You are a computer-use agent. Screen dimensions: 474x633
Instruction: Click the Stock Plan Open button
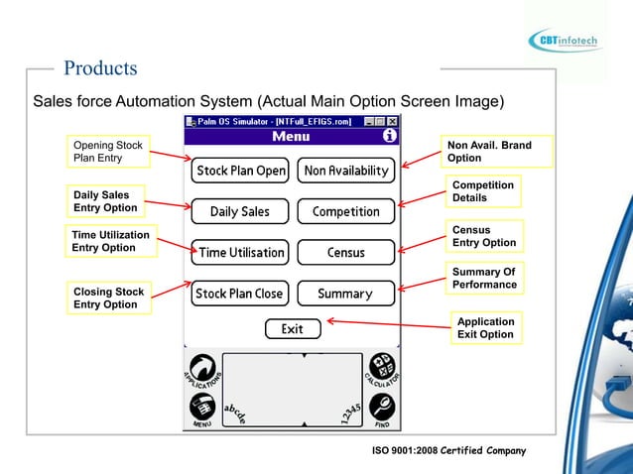(240, 171)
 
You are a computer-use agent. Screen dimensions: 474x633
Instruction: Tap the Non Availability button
(346, 171)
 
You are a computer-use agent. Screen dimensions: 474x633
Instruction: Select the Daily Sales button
(240, 211)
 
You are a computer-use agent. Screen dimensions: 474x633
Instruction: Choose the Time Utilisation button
(240, 252)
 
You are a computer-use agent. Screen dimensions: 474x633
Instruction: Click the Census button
(346, 252)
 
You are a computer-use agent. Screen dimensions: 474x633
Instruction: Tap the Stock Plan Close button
(240, 294)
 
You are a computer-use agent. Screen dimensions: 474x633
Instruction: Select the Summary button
(346, 294)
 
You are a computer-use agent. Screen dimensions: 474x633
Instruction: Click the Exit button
(293, 329)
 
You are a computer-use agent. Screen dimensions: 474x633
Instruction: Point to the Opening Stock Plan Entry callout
(108, 152)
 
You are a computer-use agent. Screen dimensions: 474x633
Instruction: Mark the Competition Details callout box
(483, 191)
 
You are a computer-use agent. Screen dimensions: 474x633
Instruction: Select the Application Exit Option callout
(485, 328)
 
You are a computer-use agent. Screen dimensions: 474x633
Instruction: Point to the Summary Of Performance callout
(484, 279)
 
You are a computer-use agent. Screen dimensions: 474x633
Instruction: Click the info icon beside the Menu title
(390, 136)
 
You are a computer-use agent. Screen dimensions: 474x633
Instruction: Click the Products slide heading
(100, 68)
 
